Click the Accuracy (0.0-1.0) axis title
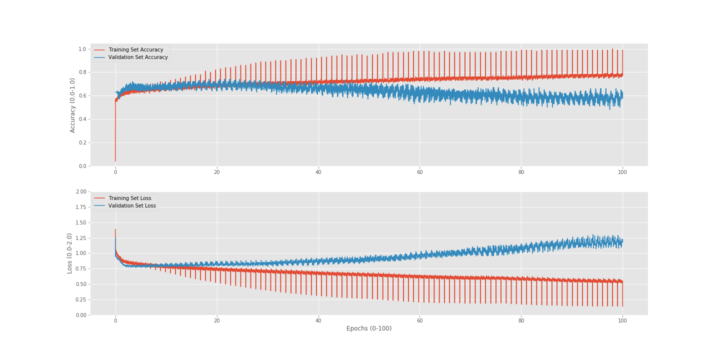coord(72,105)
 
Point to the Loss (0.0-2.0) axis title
coord(70,253)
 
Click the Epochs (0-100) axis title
coord(369,328)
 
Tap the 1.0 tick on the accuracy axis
coord(82,49)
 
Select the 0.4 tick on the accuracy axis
coord(82,119)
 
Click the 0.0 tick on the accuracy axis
coord(82,166)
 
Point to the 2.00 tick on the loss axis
coord(80,192)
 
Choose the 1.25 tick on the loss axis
coord(80,238)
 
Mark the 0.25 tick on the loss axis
coord(80,299)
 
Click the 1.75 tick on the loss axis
coord(80,207)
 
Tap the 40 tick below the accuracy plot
coord(318,172)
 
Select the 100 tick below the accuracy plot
coord(622,172)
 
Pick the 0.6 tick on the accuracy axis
coord(82,96)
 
